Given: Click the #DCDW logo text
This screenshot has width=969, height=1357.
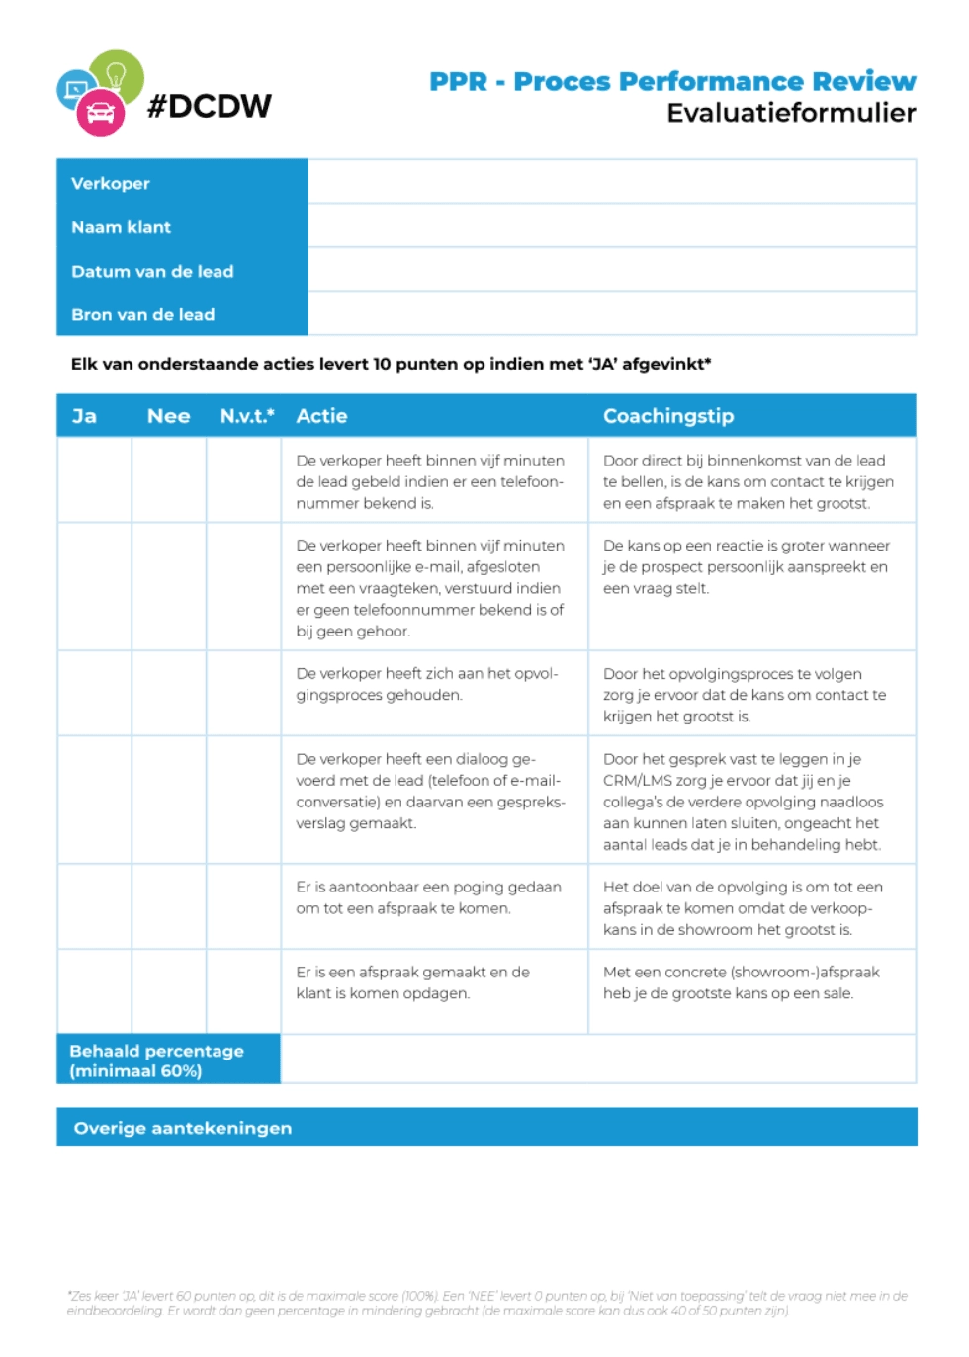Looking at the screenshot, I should (x=210, y=106).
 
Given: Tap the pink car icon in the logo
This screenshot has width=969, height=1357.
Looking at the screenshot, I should (x=101, y=114).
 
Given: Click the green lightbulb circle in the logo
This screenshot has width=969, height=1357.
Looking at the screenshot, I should (x=118, y=74).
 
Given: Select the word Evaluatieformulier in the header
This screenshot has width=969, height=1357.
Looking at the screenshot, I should (x=791, y=113).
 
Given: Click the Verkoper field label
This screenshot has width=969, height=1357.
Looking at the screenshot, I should (x=111, y=183).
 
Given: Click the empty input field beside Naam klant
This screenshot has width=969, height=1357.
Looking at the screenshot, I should (x=611, y=226).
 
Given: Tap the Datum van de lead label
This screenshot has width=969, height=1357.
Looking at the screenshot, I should (x=152, y=271).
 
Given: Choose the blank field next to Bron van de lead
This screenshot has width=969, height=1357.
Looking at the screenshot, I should (x=611, y=314).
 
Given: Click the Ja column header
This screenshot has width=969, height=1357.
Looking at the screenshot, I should (x=84, y=416).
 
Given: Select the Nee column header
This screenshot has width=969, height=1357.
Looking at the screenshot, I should (x=168, y=416).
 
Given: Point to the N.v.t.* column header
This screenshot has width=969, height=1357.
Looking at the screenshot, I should (x=247, y=416).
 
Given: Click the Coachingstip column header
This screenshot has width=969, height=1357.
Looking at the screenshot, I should (x=668, y=416).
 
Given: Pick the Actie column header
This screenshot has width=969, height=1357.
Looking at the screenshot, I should (x=321, y=416).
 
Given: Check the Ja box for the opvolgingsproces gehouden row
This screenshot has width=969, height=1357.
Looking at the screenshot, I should (x=95, y=693).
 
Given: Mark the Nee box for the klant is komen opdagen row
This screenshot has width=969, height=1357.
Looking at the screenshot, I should (x=169, y=991).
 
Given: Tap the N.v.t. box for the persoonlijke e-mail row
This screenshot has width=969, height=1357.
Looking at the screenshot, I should (x=244, y=586).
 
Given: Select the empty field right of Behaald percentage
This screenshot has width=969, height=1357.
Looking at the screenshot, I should (x=598, y=1059).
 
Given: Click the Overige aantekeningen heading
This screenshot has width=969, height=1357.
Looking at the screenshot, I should (x=183, y=1128).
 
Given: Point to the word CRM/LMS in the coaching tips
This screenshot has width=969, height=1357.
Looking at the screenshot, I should (x=638, y=781).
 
